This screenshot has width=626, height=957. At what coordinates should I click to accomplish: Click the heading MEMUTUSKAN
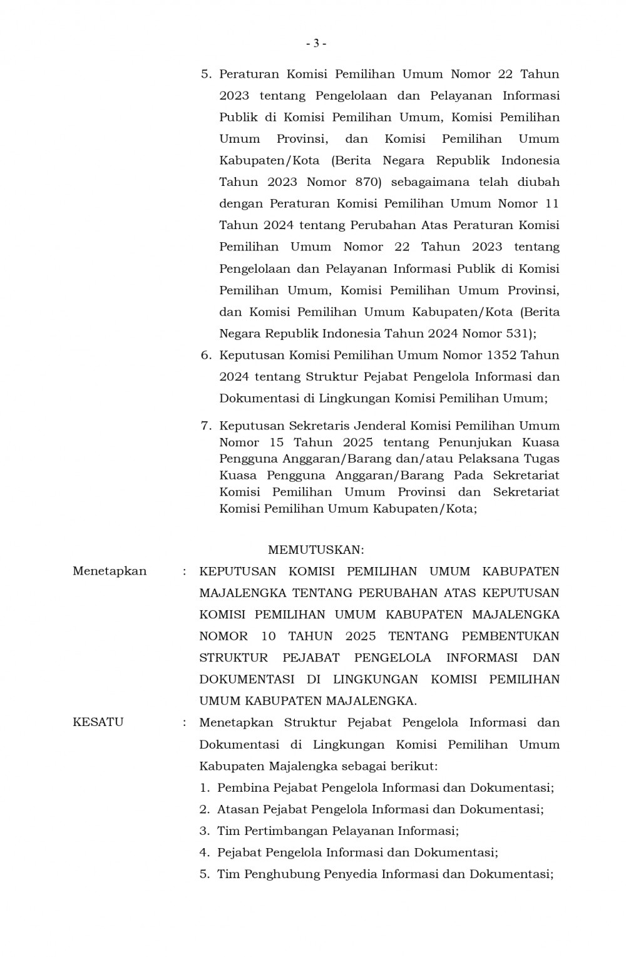pyautogui.click(x=316, y=550)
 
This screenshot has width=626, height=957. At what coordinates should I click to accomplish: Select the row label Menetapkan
pyautogui.click(x=110, y=571)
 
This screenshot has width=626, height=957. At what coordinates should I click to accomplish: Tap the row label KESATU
pyautogui.click(x=98, y=722)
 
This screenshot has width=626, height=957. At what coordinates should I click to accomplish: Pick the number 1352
pyautogui.click(x=501, y=355)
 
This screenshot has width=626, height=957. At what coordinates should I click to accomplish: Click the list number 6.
pyautogui.click(x=205, y=355)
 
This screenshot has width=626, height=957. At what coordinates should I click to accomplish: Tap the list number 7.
pyautogui.click(x=205, y=426)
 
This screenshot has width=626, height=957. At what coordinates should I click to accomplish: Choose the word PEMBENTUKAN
pyautogui.click(x=510, y=636)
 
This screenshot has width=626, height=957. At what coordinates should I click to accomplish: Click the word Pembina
pyautogui.click(x=240, y=787)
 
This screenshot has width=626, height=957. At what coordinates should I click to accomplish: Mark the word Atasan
pyautogui.click(x=237, y=809)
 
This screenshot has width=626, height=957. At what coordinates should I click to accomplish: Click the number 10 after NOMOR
pyautogui.click(x=269, y=636)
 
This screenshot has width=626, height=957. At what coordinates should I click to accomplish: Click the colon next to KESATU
pyautogui.click(x=184, y=722)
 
